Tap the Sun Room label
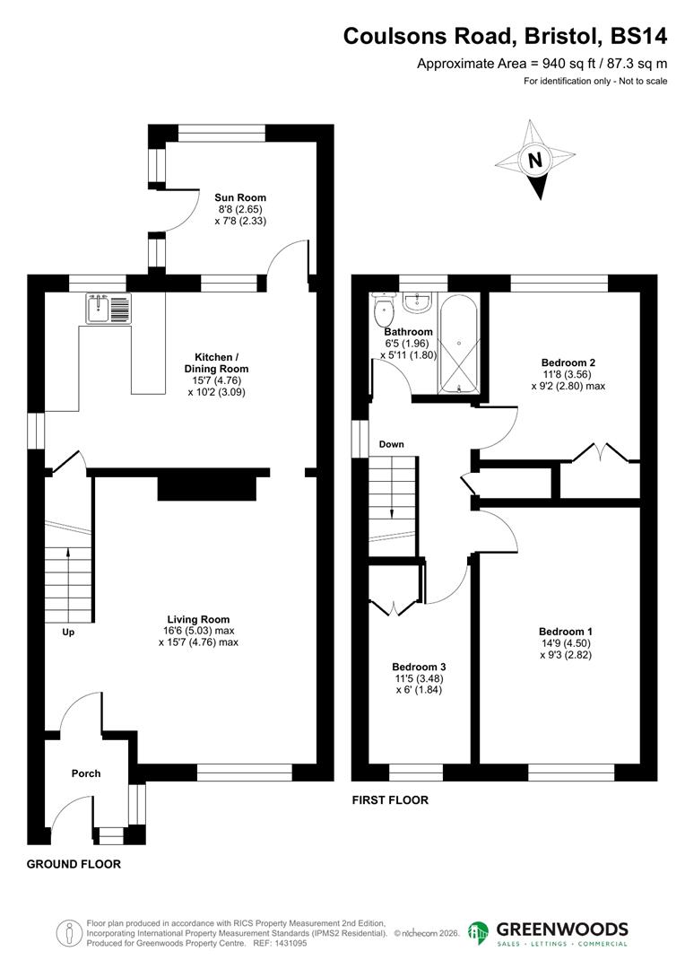click(x=239, y=197)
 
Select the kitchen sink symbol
click(x=108, y=309)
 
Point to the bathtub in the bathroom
click(x=459, y=343)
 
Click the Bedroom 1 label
click(x=566, y=632)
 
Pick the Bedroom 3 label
click(x=419, y=668)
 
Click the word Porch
click(x=86, y=773)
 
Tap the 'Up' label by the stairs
click(x=67, y=633)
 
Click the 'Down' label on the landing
click(x=391, y=444)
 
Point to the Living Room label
click(x=198, y=619)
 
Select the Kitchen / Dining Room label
click(x=216, y=362)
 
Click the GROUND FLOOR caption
click(x=74, y=864)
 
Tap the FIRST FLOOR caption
click(x=390, y=800)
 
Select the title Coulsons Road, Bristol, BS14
click(x=506, y=36)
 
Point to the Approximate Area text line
click(x=542, y=64)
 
